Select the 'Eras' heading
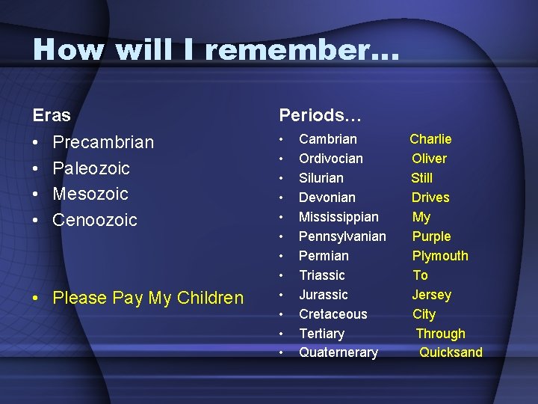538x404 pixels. (x=52, y=116)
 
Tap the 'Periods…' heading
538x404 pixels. (x=320, y=116)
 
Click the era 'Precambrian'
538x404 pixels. (x=103, y=142)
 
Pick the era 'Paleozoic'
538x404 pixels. (x=91, y=168)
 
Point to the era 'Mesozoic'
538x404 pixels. (x=90, y=194)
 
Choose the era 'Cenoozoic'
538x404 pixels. (x=95, y=220)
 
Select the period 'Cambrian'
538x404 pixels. (x=328, y=139)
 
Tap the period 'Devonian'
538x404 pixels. (x=327, y=198)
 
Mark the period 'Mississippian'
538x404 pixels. (x=338, y=217)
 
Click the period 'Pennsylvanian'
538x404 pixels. (x=342, y=236)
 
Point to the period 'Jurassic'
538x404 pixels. (x=324, y=295)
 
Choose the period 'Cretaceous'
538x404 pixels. (x=333, y=314)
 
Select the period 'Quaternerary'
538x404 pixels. (x=338, y=352)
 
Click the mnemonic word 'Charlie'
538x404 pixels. (x=430, y=139)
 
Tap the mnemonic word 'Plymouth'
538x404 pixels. (x=440, y=256)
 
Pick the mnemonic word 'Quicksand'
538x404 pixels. (x=451, y=352)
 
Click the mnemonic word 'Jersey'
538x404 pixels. (x=432, y=295)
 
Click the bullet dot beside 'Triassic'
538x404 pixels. (x=282, y=276)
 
